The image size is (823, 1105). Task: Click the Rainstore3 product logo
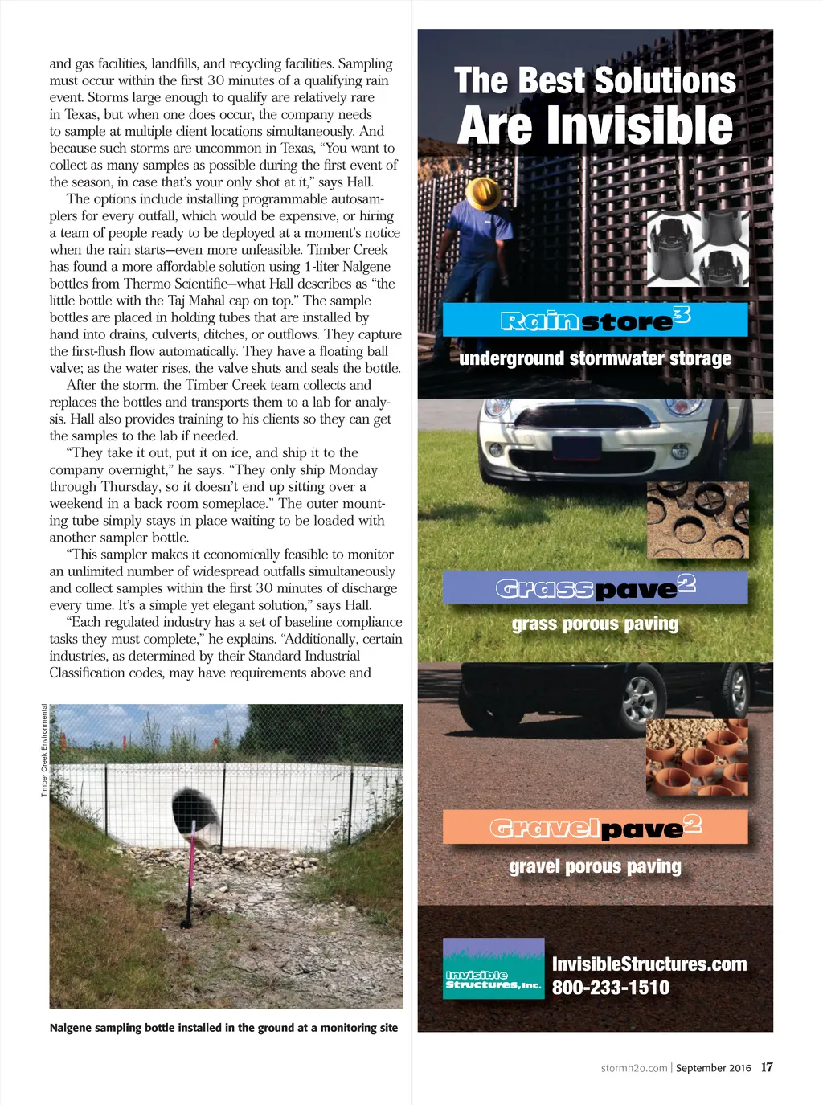click(595, 320)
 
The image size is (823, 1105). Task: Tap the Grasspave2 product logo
click(595, 587)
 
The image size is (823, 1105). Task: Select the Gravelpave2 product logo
click(595, 827)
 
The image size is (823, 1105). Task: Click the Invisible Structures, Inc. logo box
click(493, 969)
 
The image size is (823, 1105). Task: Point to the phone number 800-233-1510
click(610, 988)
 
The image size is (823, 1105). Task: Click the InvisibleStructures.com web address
click(649, 964)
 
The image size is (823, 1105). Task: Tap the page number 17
click(767, 1067)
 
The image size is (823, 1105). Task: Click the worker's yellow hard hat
click(483, 191)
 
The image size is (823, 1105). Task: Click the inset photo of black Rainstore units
click(698, 248)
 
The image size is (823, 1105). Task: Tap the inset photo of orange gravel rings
click(697, 758)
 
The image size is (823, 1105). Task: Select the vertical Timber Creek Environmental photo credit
click(44, 751)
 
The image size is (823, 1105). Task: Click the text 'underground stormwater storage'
click(595, 358)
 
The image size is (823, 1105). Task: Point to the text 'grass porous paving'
click(595, 624)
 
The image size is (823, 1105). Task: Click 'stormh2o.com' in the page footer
click(634, 1068)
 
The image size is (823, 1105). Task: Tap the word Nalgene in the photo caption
click(72, 1028)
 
